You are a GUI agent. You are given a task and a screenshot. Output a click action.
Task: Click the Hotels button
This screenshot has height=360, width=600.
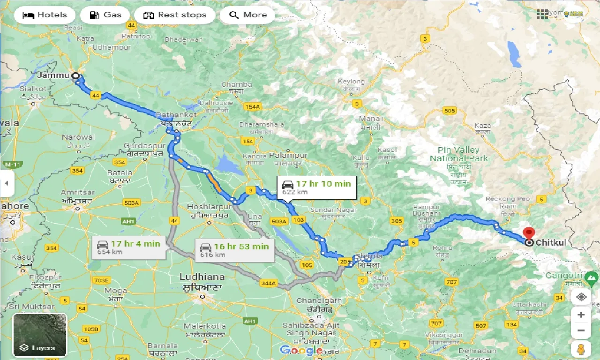tap(45, 15)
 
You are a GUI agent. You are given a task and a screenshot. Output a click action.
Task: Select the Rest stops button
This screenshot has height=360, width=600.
tap(175, 15)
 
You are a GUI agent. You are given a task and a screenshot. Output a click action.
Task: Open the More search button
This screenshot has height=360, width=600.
tap(247, 15)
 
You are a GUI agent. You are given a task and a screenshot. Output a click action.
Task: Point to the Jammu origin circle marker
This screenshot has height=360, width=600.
tap(75, 75)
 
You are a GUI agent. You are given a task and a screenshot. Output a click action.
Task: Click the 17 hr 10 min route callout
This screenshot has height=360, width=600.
tap(316, 187)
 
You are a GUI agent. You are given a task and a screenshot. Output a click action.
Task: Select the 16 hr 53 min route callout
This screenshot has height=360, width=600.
tap(234, 249)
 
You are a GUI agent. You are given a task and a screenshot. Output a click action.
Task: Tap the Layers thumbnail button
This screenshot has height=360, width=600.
tap(40, 335)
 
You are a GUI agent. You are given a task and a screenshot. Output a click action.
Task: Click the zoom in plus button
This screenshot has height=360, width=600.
tap(581, 315)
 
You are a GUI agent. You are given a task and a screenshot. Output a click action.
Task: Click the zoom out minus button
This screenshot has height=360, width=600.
tap(581, 331)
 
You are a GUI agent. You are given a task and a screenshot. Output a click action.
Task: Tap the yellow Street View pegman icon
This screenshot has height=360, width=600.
tap(581, 349)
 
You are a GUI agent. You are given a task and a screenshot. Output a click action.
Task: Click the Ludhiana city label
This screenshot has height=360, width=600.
tap(202, 277)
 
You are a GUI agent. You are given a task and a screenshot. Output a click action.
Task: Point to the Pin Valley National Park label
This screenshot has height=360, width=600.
tap(458, 154)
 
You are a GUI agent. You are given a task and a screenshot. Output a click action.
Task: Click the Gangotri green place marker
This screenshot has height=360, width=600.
tap(592, 280)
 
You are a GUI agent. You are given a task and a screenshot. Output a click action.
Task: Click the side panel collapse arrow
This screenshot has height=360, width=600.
tap(7, 183)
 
